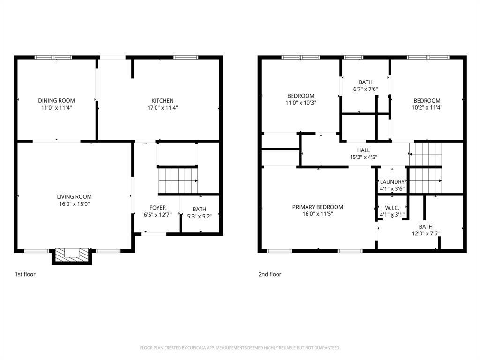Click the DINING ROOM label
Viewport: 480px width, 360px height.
tap(56, 100)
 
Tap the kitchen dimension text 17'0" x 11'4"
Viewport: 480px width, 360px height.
tap(162, 107)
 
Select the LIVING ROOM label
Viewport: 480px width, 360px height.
tap(74, 197)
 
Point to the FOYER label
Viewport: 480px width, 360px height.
tap(157, 208)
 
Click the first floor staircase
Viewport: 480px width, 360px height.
tap(178, 180)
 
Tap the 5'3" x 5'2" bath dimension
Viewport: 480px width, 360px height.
tap(199, 216)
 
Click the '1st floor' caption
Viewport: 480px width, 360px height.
tap(25, 274)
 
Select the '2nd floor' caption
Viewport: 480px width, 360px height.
tap(270, 274)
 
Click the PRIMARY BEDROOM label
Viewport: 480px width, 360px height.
tap(317, 207)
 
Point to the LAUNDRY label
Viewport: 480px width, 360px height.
tap(392, 182)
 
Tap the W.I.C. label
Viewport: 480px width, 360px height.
tap(392, 208)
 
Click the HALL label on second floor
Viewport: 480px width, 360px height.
tap(363, 150)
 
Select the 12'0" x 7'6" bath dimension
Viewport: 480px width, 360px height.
tap(426, 233)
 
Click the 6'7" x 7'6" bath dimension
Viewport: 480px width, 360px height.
tap(365, 89)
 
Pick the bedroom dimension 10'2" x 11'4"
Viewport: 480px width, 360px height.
tap(427, 107)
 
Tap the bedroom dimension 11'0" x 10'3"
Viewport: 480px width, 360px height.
tap(300, 103)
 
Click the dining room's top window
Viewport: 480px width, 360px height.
tap(53, 57)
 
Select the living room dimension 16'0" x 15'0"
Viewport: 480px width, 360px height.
tap(74, 204)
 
